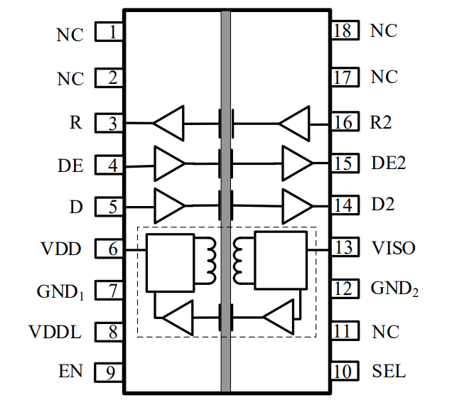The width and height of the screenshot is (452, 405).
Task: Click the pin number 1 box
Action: coord(109,33)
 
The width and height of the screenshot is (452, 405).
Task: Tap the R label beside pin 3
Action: coord(75,123)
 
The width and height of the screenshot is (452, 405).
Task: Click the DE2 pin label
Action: coord(389,163)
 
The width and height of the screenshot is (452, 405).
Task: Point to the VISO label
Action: coord(394,248)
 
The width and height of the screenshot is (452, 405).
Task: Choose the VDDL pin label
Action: coord(55,331)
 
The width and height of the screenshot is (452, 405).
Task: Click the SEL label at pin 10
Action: coord(389,371)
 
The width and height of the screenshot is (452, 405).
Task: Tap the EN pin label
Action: coord(70,372)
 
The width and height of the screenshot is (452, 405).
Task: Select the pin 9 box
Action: coord(109,372)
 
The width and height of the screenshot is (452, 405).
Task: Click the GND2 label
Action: coord(393,289)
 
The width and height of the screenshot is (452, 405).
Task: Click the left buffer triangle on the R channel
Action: coord(169,123)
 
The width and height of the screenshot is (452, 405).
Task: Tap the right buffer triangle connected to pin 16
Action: coord(294,123)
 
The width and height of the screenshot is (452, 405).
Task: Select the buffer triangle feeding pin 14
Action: coord(297,206)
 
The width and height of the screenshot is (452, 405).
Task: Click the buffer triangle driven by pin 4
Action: coord(169,165)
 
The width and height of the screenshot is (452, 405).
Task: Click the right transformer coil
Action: coord(239,259)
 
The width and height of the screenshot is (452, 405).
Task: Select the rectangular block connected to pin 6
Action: coord(169,262)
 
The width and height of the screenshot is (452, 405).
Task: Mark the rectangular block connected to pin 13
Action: coord(281,260)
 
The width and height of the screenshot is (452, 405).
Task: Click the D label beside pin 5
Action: coord(75,207)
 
